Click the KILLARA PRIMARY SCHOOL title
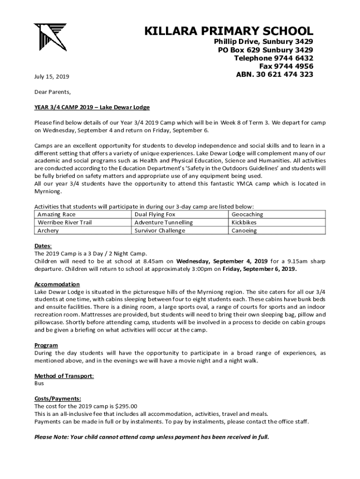click(229, 31)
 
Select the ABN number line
click(274, 74)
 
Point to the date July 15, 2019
click(52, 76)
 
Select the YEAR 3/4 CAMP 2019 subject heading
click(92, 108)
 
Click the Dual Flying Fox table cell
click(155, 214)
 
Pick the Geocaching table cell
click(247, 214)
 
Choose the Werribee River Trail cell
click(65, 222)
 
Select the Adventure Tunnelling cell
click(163, 222)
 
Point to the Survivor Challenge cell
click(160, 231)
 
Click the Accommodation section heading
click(57, 284)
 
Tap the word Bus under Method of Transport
click(39, 383)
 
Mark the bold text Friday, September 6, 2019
click(259, 269)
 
